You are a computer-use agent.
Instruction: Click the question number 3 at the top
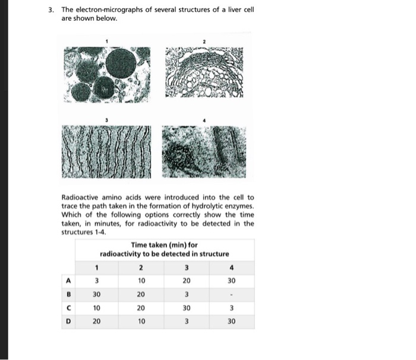point(52,11)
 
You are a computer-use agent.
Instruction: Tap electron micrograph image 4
point(204,152)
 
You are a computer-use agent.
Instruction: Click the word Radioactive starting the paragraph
point(81,197)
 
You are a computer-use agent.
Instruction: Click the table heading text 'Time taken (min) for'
point(164,245)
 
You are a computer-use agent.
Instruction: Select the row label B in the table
point(68,294)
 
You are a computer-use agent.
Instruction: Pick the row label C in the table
point(68,308)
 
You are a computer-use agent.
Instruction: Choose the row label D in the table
point(68,322)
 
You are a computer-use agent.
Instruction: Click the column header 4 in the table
point(231,267)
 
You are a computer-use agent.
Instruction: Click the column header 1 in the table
point(96,267)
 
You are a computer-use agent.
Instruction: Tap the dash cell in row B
point(231,294)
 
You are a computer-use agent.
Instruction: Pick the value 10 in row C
point(96,308)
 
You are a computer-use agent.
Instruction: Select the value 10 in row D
point(141,322)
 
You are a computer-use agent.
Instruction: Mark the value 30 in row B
point(96,294)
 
